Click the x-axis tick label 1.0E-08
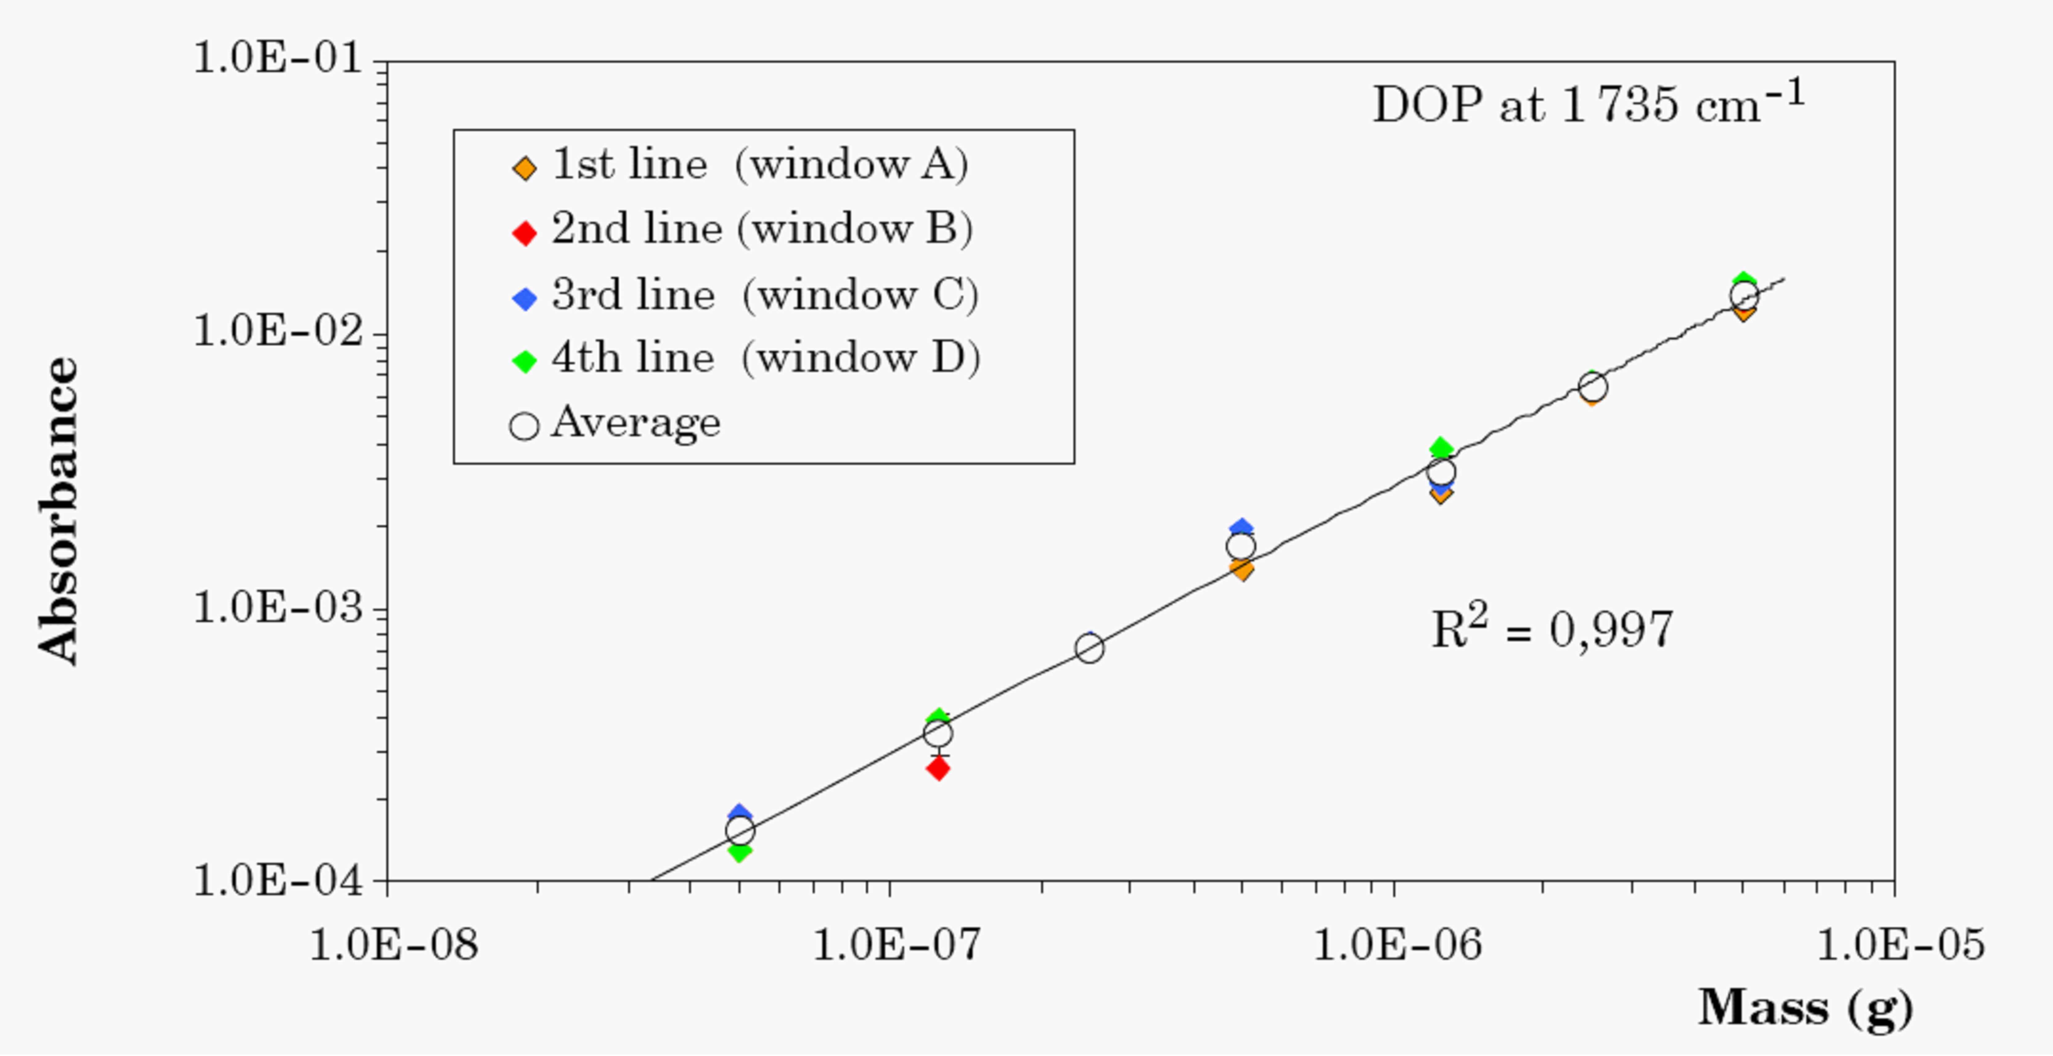[394, 945]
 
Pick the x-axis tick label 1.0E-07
[896, 945]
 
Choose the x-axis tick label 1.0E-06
[1396, 945]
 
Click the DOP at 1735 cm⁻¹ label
[1588, 104]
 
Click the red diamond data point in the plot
[938, 768]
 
